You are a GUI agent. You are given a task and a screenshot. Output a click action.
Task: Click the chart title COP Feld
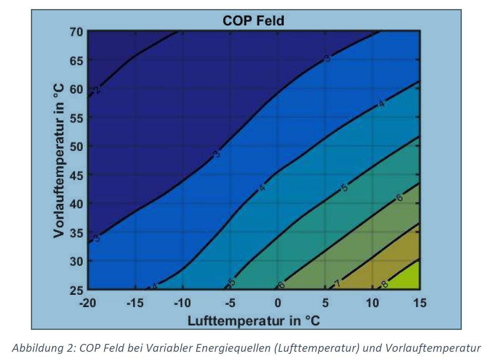(253, 21)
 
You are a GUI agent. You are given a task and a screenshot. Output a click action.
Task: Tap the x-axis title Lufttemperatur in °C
(254, 320)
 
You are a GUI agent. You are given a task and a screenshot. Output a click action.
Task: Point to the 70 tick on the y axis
(78, 32)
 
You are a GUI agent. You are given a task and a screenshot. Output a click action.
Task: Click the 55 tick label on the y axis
(78, 118)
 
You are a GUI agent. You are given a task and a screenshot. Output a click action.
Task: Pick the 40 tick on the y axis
(78, 204)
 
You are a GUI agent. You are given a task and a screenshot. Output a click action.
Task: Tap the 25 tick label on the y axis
(78, 289)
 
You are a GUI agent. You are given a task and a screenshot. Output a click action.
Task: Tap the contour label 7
(337, 284)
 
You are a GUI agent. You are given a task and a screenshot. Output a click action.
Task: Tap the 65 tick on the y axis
(78, 61)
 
